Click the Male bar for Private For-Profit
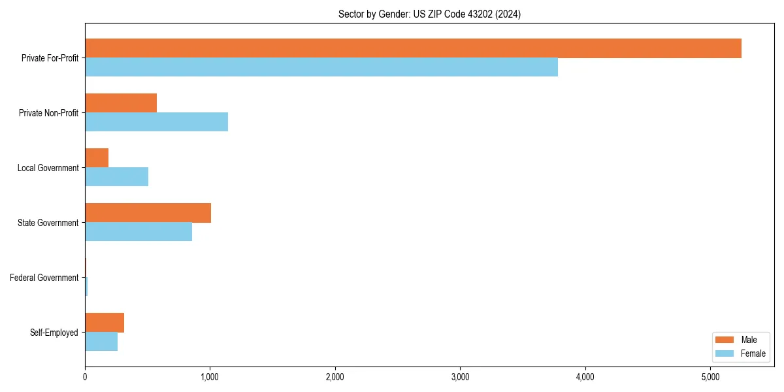coord(413,48)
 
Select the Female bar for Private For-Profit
coord(321,67)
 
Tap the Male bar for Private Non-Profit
coord(121,103)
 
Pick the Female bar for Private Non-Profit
coord(156,122)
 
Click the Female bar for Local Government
coord(116,177)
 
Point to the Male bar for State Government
coord(148,213)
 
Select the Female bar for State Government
coord(139,232)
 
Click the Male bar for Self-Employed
coord(105,323)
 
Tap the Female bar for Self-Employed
coord(101,342)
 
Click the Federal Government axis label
coord(44,278)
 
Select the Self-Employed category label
coord(54,333)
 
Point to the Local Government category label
coord(48,168)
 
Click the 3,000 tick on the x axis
coord(460,377)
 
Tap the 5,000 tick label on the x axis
coord(710,377)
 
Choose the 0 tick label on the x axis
coord(85,377)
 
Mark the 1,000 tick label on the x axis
coord(210,377)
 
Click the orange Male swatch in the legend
coord(725,340)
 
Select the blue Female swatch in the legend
coord(725,353)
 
